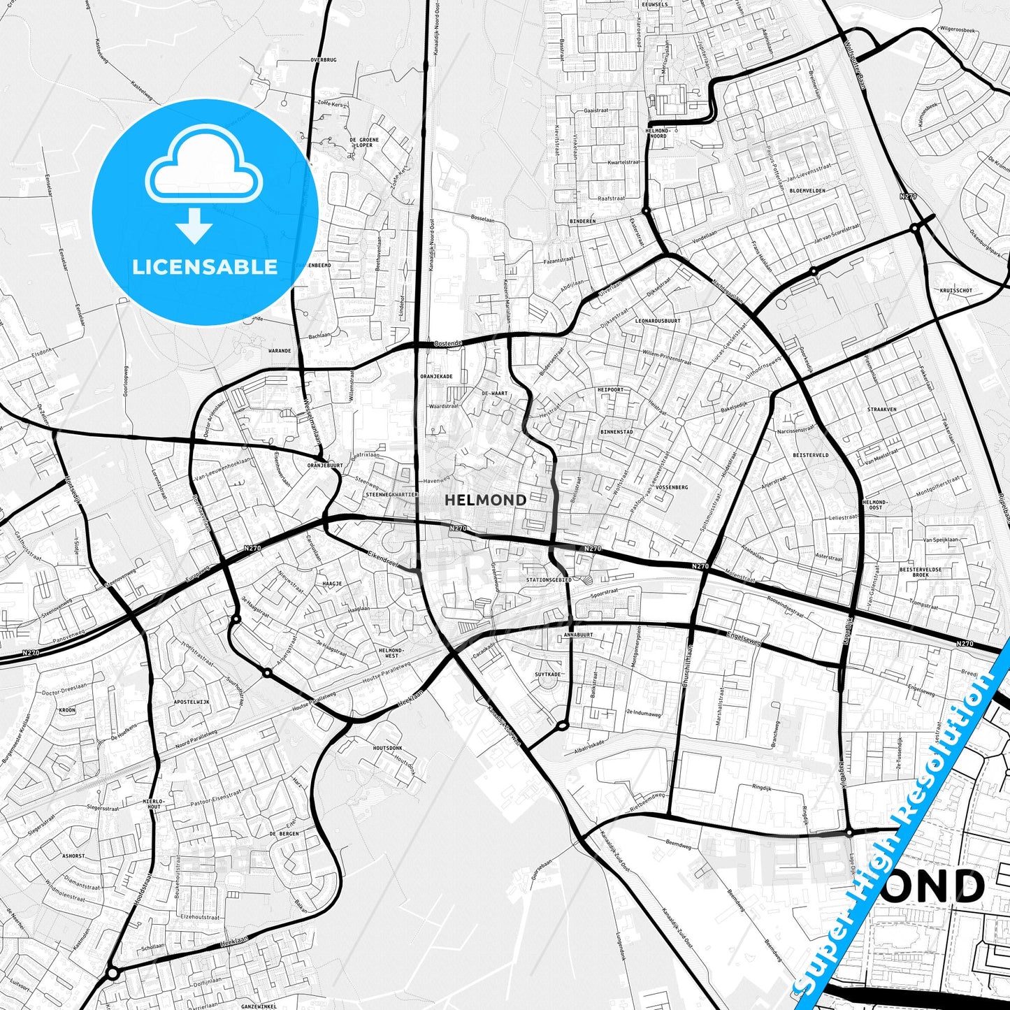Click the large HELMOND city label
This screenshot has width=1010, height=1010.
[x=485, y=500]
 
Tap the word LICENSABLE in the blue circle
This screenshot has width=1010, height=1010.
[x=205, y=267]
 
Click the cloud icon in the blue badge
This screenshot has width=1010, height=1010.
[x=203, y=166]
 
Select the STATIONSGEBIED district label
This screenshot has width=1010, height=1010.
[x=549, y=580]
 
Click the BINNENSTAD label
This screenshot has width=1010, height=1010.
[x=616, y=432]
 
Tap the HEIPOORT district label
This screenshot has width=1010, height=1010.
[x=610, y=389]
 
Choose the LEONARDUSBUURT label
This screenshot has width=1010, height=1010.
[x=657, y=321]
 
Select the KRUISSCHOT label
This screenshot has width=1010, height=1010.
[x=956, y=290]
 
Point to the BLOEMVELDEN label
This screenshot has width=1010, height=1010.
[x=807, y=190]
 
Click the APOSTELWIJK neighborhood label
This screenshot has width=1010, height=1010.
[x=191, y=702]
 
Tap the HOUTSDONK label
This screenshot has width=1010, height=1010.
[x=387, y=748]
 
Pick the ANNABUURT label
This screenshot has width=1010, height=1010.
[x=578, y=635]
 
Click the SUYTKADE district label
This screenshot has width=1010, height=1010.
[x=548, y=674]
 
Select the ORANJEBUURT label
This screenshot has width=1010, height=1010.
[x=325, y=465]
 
